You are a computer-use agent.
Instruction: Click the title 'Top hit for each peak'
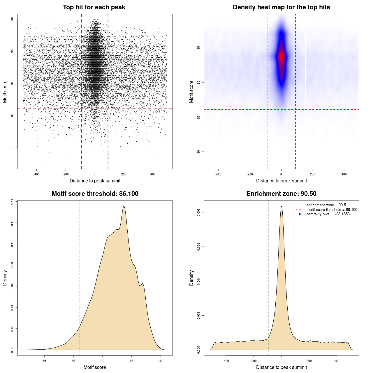coord(94,7)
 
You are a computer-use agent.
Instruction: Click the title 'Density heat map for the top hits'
coord(281,7)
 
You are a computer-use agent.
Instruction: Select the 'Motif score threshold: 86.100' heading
coord(95,194)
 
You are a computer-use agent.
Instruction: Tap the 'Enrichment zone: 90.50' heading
coord(281,194)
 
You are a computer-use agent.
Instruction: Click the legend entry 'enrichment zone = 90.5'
coord(326,205)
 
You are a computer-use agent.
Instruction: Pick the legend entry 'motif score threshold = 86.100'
coord(332,210)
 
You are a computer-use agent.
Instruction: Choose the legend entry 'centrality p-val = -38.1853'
coord(328,214)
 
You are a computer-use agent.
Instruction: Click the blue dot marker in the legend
coord(300,214)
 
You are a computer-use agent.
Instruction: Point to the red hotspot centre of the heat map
coord(281,57)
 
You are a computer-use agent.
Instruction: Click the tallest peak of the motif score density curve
coord(124,206)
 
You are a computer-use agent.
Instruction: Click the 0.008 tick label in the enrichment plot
coord(199,212)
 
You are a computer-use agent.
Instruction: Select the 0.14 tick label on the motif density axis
coord(12,201)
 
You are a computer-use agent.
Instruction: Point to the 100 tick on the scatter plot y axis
coord(12,19)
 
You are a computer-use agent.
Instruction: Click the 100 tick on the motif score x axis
coord(161,361)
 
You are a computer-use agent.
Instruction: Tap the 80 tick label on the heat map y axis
coord(199,152)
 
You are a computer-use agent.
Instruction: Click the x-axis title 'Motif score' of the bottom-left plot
coord(95,367)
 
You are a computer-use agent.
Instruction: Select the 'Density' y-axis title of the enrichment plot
coord(191,278)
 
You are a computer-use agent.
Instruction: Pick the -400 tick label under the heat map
coord(218,174)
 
